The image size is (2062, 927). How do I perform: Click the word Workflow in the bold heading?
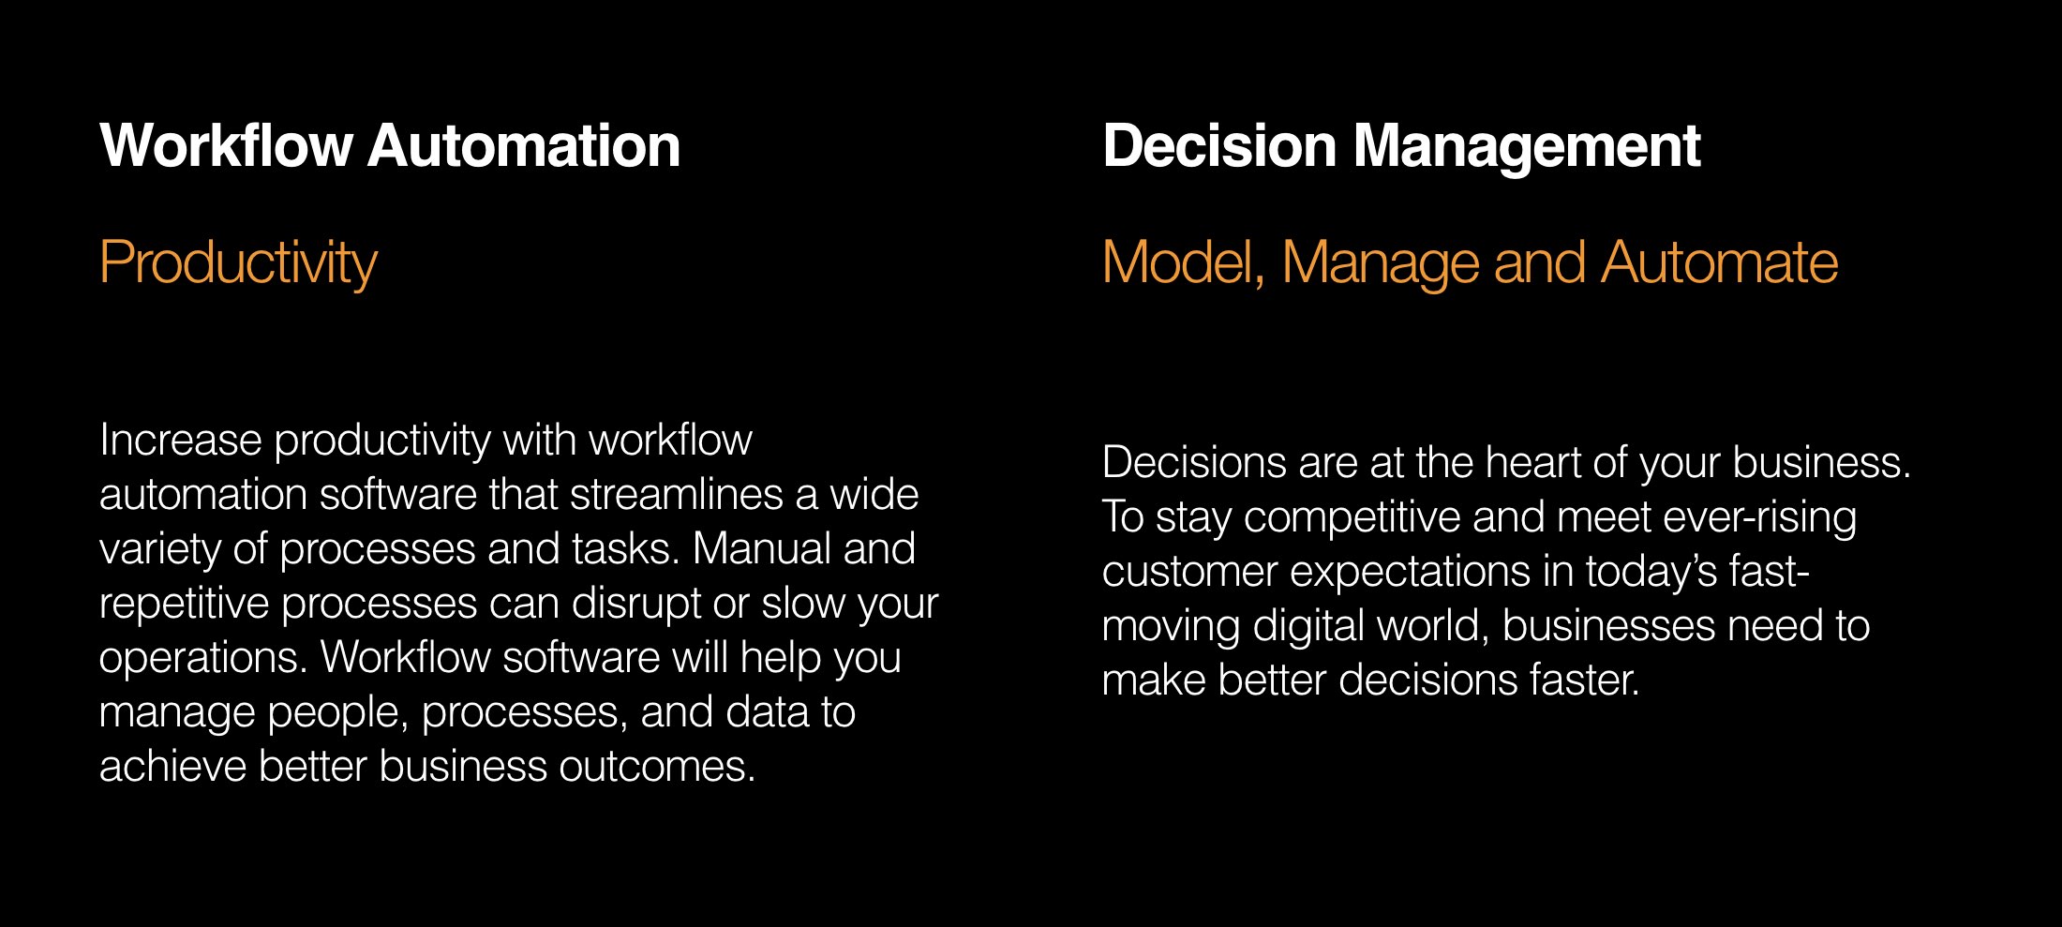pos(226,146)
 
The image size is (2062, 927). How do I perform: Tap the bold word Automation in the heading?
pos(524,146)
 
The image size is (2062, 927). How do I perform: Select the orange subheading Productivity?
pos(238,263)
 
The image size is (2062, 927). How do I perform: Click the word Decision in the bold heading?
pos(1218,146)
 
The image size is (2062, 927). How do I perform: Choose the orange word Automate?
pos(1719,262)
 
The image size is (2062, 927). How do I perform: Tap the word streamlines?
pos(676,494)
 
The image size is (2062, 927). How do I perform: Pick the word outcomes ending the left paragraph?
pos(657,766)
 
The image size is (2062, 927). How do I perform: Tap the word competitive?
pos(1352,516)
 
